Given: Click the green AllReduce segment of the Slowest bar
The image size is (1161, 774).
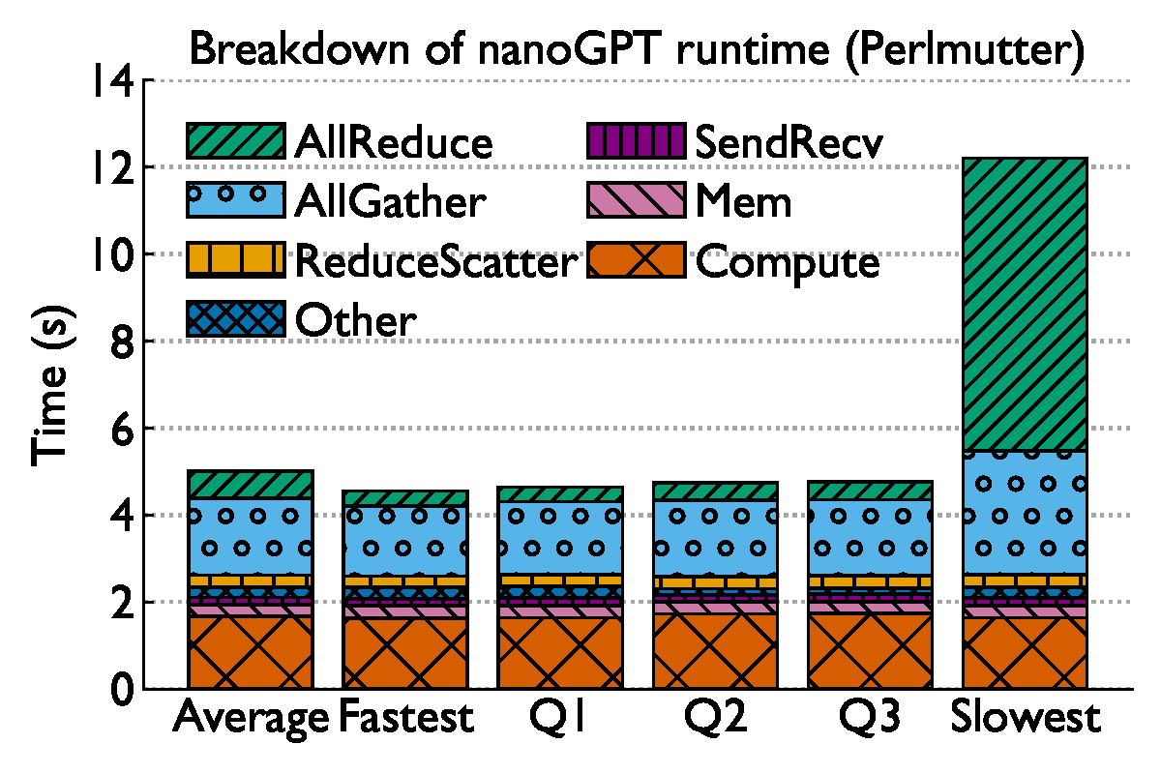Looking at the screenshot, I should [1026, 305].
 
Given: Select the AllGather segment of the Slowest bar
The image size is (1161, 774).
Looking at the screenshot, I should [1026, 513].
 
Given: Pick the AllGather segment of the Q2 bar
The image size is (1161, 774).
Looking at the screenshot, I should [715, 537].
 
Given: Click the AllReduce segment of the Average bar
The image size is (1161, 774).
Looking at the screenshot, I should [251, 485].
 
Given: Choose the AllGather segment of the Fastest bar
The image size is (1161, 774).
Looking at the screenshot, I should [405, 540].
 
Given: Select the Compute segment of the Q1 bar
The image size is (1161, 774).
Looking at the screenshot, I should [560, 653].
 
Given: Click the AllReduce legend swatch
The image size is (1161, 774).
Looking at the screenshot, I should [235, 142].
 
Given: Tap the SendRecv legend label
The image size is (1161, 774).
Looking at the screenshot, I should [789, 143].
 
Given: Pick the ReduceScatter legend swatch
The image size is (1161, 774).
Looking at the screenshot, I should [235, 260].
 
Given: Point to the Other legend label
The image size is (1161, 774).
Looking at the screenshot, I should [356, 319].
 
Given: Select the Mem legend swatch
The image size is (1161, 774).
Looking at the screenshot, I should [636, 202].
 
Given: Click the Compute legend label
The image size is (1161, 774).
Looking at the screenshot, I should [788, 261].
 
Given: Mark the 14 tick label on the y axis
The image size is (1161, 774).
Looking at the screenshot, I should [113, 80].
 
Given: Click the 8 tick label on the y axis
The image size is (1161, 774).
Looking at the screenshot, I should [120, 342].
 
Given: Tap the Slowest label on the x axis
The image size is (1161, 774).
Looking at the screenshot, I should [1026, 719].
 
